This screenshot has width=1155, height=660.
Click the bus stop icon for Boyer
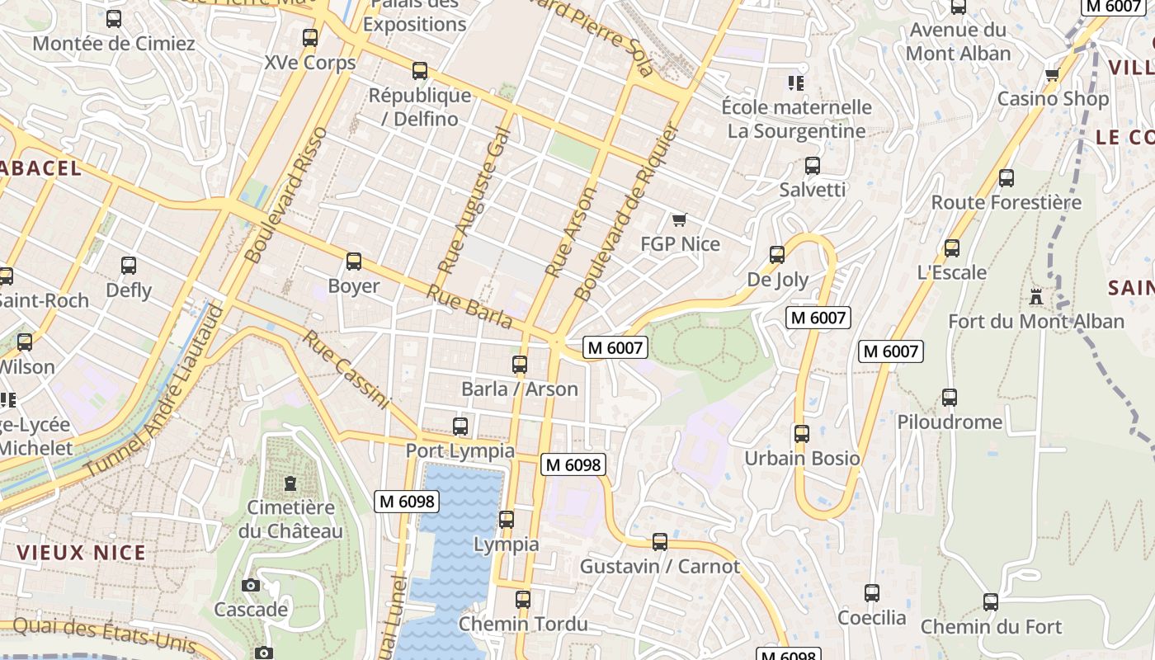tap(354, 262)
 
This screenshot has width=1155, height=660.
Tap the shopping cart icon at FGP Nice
tap(679, 219)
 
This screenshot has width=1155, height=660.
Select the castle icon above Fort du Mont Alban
tap(1035, 297)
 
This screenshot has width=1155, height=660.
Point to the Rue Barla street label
tap(469, 306)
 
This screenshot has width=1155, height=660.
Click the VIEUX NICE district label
tap(82, 553)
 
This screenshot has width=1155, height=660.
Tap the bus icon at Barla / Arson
tap(520, 364)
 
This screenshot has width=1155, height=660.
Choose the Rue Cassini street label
tap(345, 369)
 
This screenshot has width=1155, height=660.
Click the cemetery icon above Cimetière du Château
tap(290, 483)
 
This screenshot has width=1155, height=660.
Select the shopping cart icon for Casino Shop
tap(1052, 75)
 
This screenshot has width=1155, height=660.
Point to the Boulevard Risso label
tap(287, 195)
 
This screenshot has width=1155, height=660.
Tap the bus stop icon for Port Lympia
tap(460, 427)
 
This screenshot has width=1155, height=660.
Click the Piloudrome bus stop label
tap(950, 422)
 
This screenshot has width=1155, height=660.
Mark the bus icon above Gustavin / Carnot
tap(660, 542)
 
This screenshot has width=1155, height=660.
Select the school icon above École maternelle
tap(796, 82)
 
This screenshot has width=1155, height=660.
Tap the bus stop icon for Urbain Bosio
tap(801, 434)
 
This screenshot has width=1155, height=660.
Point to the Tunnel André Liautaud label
tap(153, 391)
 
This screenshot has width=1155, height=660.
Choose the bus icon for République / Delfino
tap(420, 71)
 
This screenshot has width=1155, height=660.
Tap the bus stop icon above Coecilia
tap(872, 593)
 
